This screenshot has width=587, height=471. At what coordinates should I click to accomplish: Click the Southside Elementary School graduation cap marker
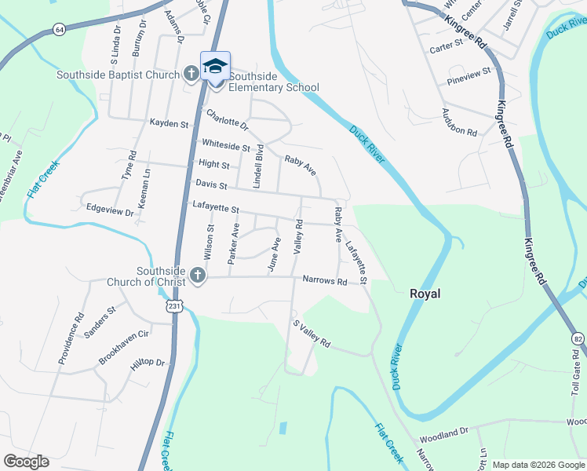click(215, 66)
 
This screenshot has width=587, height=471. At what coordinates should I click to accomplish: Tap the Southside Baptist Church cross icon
click(191, 74)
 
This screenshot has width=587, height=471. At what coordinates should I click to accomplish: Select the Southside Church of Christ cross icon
click(197, 276)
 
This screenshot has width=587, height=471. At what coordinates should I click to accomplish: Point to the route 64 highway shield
click(60, 29)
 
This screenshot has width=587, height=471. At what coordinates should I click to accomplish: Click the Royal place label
click(425, 294)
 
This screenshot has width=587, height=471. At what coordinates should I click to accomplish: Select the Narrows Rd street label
click(325, 280)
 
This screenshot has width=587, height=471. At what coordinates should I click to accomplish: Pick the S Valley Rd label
click(312, 334)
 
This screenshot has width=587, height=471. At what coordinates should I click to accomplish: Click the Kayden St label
click(169, 124)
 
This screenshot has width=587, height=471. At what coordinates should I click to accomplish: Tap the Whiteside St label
click(225, 146)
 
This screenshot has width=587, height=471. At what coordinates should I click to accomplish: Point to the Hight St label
click(214, 166)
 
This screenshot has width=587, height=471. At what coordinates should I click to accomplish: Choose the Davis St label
click(211, 186)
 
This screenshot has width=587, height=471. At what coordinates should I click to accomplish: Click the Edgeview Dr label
click(109, 212)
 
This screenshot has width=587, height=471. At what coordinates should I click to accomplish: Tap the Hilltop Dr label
click(148, 363)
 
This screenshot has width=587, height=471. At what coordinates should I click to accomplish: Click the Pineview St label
click(467, 71)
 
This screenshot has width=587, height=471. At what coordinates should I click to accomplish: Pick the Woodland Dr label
click(443, 431)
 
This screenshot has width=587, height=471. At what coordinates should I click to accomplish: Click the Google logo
click(26, 462)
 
